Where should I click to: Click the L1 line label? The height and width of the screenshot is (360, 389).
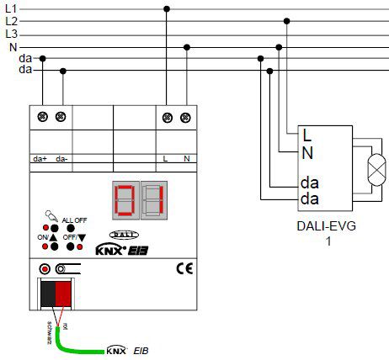point(11,8)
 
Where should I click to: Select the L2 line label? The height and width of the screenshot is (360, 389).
point(11,20)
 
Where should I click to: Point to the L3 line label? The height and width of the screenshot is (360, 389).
point(11,34)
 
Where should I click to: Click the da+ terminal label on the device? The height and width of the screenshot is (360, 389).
point(40,158)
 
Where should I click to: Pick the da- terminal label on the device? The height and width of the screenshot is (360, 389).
point(61,158)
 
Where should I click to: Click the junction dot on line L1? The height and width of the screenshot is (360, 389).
point(167,8)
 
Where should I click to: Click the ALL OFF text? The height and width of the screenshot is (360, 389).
point(74,219)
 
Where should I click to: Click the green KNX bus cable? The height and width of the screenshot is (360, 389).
point(76,343)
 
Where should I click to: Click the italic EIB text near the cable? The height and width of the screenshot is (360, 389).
point(144,349)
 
